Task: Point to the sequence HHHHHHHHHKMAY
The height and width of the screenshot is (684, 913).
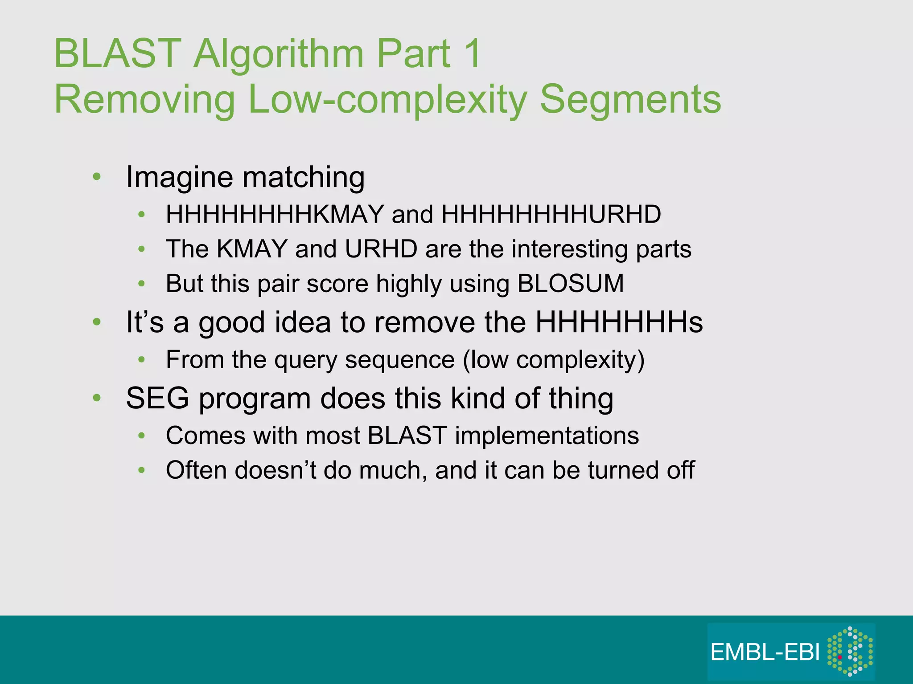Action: point(275,214)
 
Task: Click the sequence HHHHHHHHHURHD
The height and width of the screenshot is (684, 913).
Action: point(551,214)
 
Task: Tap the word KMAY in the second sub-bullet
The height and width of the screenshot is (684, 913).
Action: point(251,249)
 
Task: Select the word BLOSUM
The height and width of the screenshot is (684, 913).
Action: point(571,283)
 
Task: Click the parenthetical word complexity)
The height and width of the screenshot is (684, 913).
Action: point(580,360)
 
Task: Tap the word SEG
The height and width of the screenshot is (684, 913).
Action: point(157,398)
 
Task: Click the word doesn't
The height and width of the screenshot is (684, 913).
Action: point(276,470)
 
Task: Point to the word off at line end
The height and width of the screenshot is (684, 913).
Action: point(680,470)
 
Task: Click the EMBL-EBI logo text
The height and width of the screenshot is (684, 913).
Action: point(765,652)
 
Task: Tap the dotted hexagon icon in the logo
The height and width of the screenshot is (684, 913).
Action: point(850,651)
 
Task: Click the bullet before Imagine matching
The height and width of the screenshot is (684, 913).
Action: point(97,177)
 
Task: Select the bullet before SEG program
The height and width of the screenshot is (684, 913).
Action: point(97,398)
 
